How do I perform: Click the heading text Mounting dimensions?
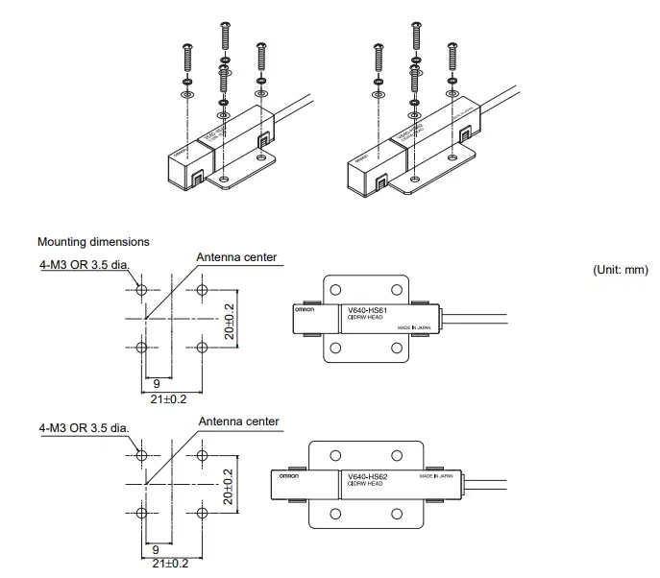pos(93,242)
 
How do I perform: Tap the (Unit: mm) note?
pos(621,270)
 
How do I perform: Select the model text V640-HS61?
pos(367,311)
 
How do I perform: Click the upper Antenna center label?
pos(237,257)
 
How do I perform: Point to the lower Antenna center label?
pos(237,421)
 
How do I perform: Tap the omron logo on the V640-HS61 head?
pos(308,309)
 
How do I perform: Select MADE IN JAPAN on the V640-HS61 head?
pos(417,328)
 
